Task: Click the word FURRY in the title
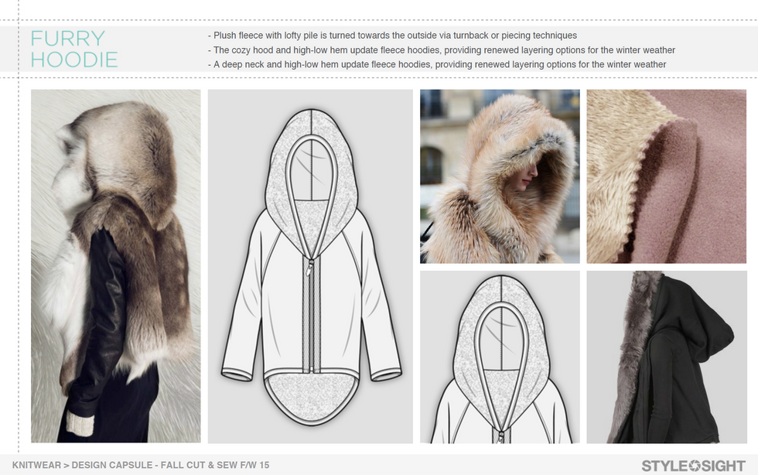68,38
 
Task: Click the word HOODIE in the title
74,60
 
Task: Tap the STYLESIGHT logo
693,466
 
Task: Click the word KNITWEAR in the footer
37,465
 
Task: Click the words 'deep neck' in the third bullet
243,64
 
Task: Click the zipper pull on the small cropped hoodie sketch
501,435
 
